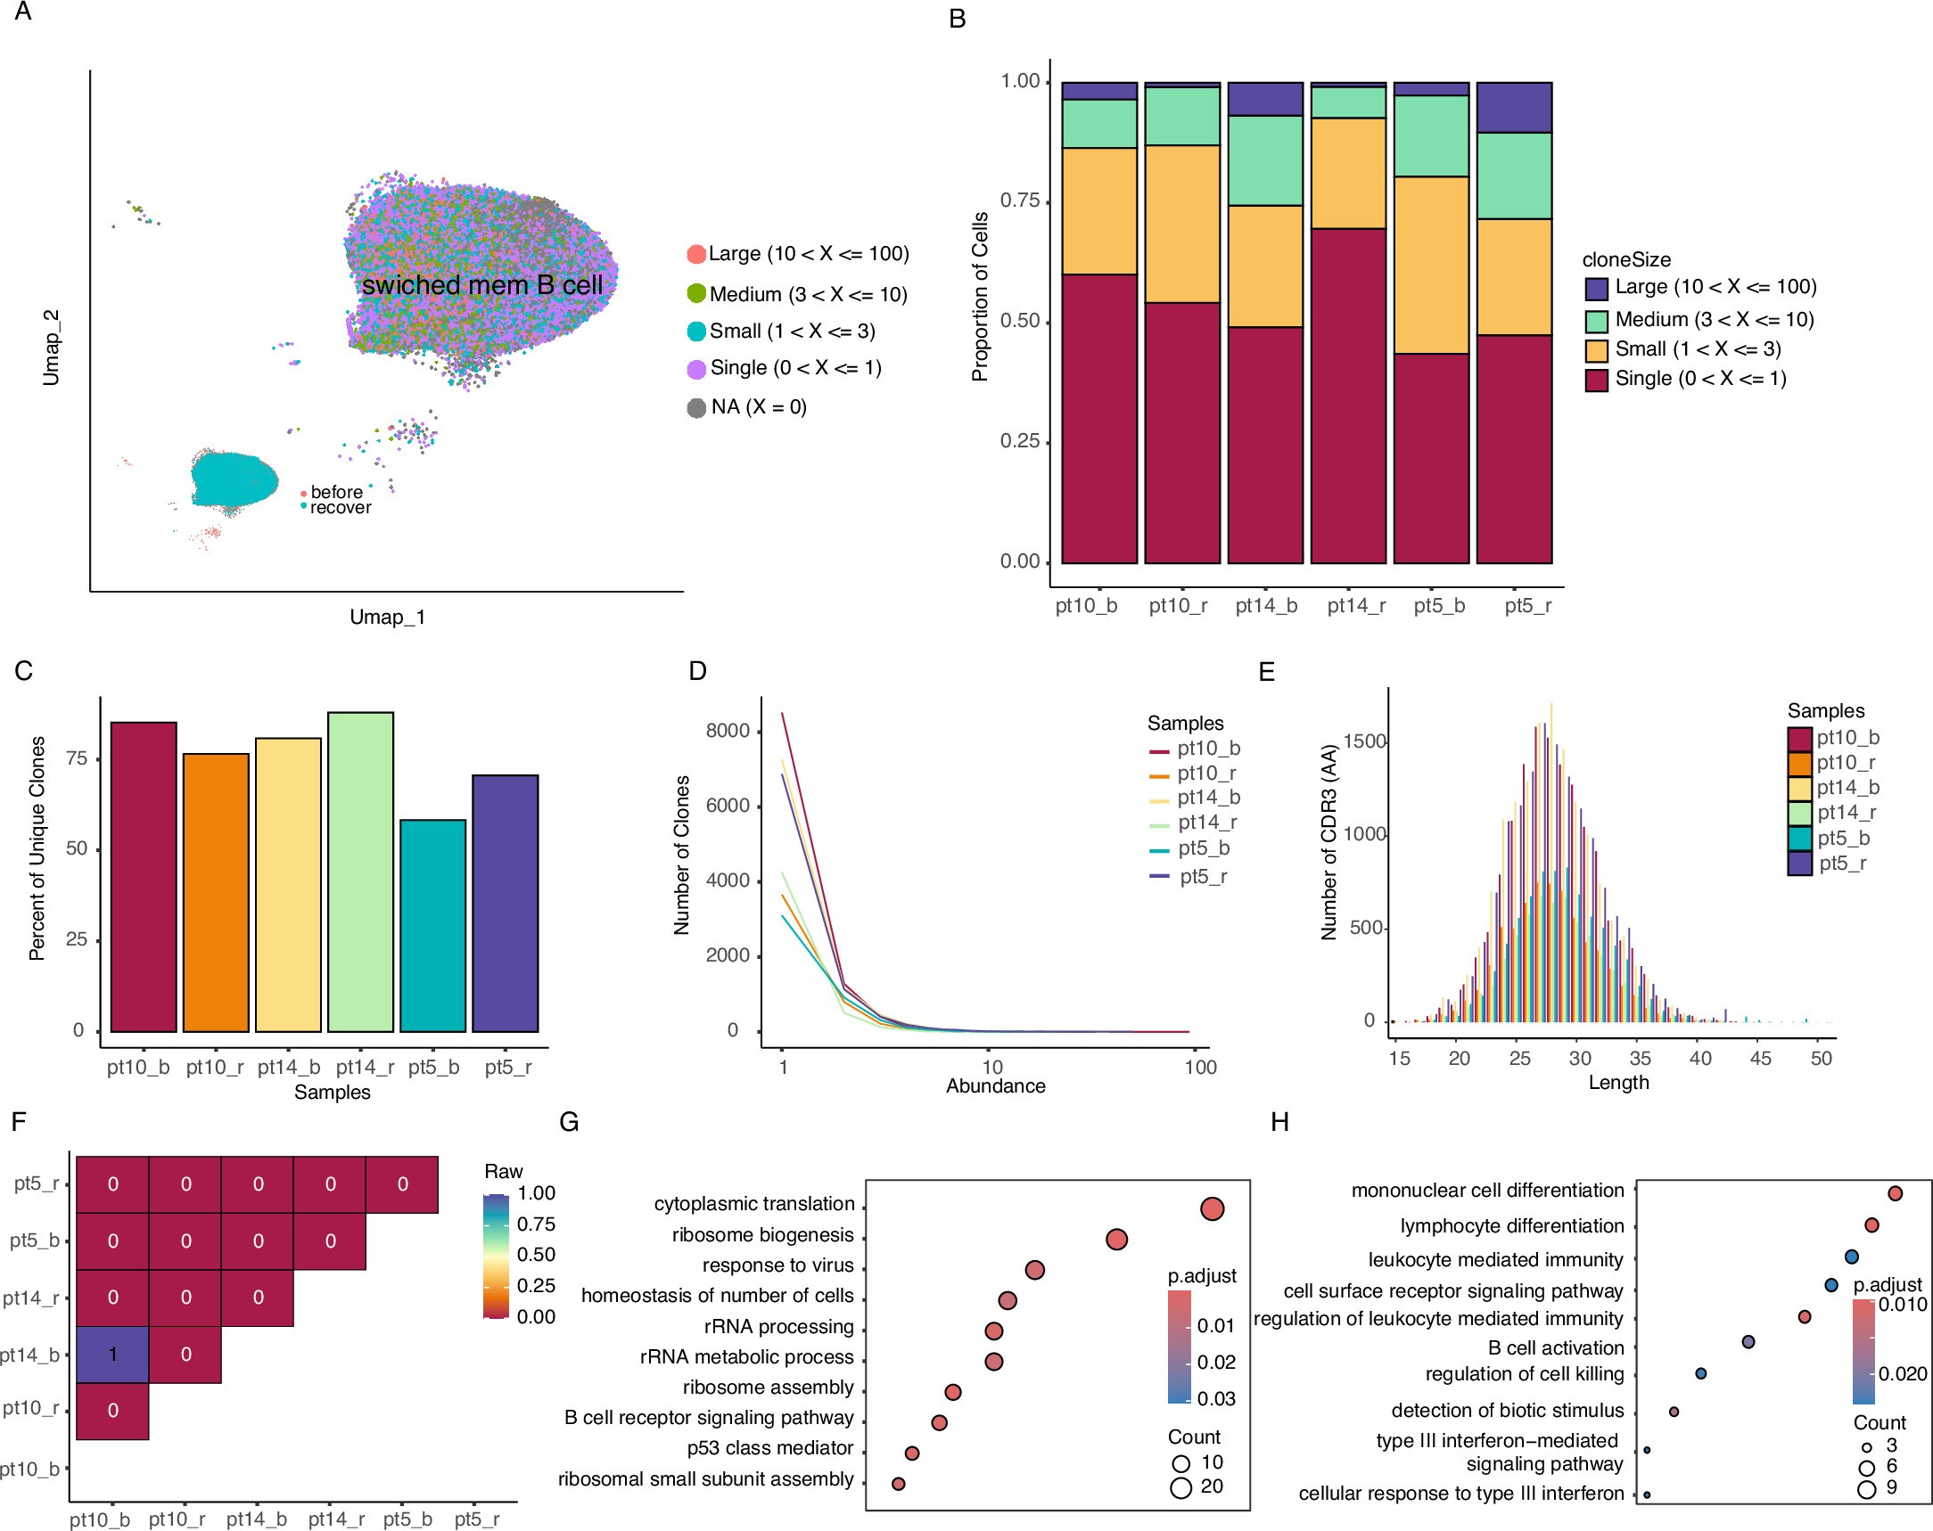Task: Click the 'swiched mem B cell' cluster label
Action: pyautogui.click(x=481, y=285)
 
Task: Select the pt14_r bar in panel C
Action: pyautogui.click(x=360, y=872)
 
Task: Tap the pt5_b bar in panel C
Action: pyautogui.click(x=432, y=925)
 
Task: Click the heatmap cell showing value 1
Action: pyautogui.click(x=112, y=1354)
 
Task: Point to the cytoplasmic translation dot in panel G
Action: pyautogui.click(x=1212, y=1208)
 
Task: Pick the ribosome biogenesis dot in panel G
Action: pyautogui.click(x=1116, y=1239)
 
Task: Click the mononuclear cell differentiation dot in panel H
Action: pyautogui.click(x=1895, y=1193)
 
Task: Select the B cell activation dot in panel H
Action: pyautogui.click(x=1748, y=1342)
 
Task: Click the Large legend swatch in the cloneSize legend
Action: pyautogui.click(x=1596, y=288)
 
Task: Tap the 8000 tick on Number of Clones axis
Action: pyautogui.click(x=728, y=731)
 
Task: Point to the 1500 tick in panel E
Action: pyautogui.click(x=1366, y=741)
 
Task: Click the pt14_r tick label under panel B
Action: pyautogui.click(x=1355, y=606)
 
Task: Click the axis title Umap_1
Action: pyautogui.click(x=387, y=617)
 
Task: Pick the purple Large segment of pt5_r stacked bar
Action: pyautogui.click(x=1513, y=107)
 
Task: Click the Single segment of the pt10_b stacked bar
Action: pyautogui.click(x=1099, y=418)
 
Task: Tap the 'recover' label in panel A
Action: pyautogui.click(x=340, y=507)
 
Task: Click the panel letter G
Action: pyautogui.click(x=569, y=1122)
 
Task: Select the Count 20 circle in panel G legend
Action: pyautogui.click(x=1180, y=1487)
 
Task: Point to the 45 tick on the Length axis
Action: pyautogui.click(x=1760, y=1058)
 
